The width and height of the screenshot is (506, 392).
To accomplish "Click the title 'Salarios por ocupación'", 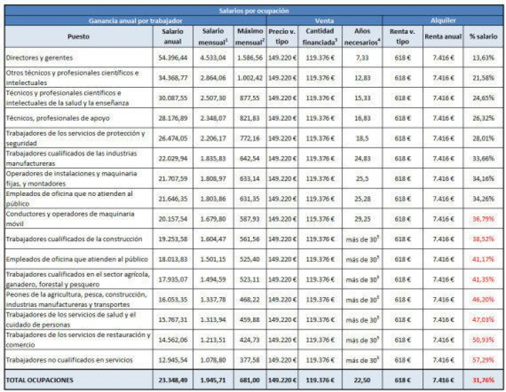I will tap(253, 10).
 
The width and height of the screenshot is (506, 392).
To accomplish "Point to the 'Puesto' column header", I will tap(79, 37).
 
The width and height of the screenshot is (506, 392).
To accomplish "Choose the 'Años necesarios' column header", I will tap(362, 37).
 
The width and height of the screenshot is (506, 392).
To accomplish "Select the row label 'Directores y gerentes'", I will tap(39, 57).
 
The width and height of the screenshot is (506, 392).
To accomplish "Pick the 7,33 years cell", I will tap(362, 57).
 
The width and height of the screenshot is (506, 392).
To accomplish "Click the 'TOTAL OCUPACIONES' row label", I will tap(40, 380).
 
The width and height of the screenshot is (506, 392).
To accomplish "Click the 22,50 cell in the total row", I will tap(362, 380).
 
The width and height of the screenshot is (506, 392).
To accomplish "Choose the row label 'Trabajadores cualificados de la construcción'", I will tap(74, 240).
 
